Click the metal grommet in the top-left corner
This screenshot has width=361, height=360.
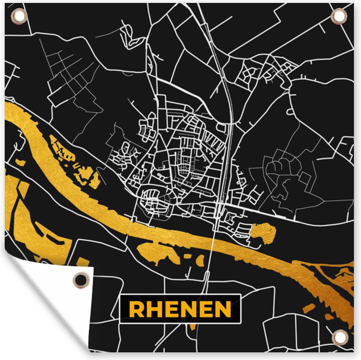tap(17, 15)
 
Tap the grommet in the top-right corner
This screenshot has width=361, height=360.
tap(339, 15)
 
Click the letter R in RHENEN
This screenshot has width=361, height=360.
tap(136, 309)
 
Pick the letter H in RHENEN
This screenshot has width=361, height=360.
tap(153, 309)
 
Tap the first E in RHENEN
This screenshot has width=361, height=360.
tap(170, 309)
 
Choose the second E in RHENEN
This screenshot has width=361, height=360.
tap(205, 309)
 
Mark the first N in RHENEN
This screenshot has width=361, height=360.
tap(187, 309)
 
